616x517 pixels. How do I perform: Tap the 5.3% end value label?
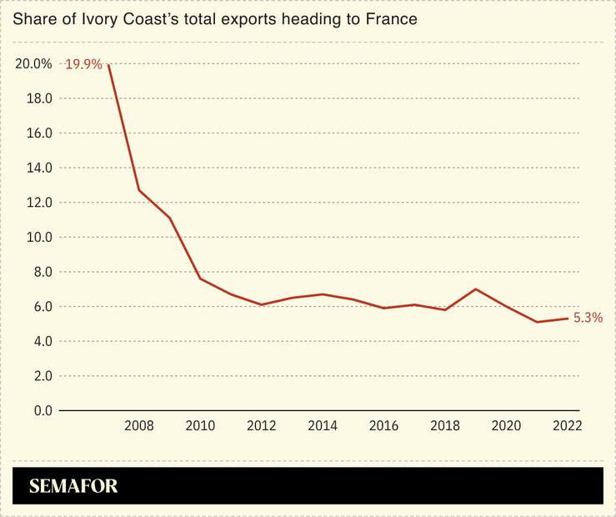click(588, 318)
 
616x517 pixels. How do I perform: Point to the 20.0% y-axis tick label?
click(33, 63)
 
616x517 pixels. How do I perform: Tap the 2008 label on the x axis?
click(139, 426)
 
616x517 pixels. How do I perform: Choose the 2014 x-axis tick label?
click(323, 426)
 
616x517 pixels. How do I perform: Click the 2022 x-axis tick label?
click(567, 426)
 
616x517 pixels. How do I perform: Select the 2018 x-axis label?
click(444, 426)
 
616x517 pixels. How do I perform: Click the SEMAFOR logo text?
click(73, 486)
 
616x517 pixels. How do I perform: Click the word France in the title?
click(390, 18)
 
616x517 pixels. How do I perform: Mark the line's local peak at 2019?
click(475, 289)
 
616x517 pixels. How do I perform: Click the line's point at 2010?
click(200, 279)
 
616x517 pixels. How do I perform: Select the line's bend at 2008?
click(139, 190)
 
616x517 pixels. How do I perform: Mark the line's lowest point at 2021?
click(536, 322)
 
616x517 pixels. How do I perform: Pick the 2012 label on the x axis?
click(261, 426)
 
